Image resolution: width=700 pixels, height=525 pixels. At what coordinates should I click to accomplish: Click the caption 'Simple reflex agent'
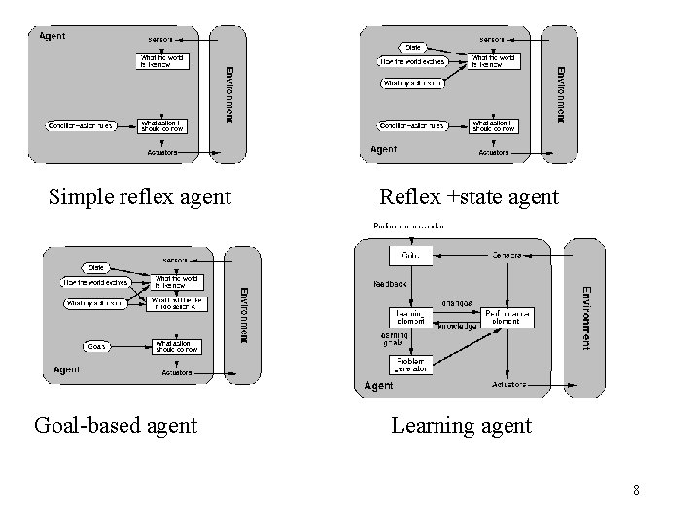click(140, 197)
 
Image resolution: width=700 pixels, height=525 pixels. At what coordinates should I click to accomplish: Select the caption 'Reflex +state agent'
click(470, 197)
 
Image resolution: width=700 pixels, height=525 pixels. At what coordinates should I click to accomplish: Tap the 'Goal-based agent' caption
click(116, 425)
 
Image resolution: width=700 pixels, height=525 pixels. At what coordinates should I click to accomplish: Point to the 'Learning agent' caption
click(461, 425)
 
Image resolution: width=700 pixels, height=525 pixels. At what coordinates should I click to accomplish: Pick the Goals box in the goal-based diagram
click(96, 345)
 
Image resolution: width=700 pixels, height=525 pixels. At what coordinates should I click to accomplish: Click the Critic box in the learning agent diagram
click(409, 256)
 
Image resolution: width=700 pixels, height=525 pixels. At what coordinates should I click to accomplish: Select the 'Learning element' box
click(409, 317)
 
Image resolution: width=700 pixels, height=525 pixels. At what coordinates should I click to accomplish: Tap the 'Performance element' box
click(507, 317)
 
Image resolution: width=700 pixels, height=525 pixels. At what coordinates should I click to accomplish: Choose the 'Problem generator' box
click(409, 365)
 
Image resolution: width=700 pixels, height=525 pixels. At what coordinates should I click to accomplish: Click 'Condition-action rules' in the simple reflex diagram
click(82, 125)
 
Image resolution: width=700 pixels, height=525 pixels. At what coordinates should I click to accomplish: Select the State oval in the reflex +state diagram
click(411, 46)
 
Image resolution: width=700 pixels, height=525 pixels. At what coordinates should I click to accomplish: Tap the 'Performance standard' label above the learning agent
click(409, 227)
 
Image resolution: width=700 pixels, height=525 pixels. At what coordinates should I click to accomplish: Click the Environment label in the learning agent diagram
click(584, 317)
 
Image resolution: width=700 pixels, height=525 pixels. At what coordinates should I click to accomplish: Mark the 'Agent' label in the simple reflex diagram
click(52, 37)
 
